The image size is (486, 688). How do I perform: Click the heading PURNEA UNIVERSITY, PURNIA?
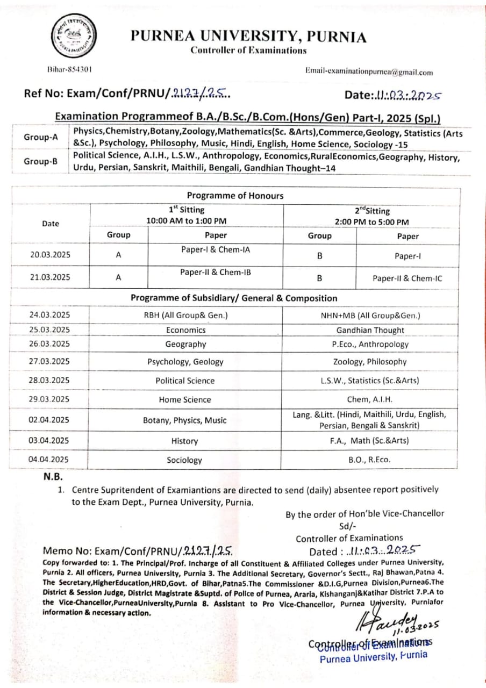coord(248,37)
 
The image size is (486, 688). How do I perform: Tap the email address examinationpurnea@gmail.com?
coord(369,72)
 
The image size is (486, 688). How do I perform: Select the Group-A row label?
coord(40,137)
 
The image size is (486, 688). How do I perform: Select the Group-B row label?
coord(40,161)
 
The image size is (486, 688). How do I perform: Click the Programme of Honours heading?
coord(235,196)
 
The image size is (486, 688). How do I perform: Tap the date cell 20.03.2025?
coord(50,255)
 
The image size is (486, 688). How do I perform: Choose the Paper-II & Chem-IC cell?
coord(407,278)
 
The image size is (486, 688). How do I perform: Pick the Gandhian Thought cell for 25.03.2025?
coord(370,330)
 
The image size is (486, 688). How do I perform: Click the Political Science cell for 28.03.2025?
coord(185,381)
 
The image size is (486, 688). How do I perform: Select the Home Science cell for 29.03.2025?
coord(185,399)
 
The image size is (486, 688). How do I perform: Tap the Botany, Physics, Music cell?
coord(185,420)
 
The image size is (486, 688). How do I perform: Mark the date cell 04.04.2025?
coord(49,459)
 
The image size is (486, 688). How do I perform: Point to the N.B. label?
coord(54,476)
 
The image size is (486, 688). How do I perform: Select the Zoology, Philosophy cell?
coord(370,362)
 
